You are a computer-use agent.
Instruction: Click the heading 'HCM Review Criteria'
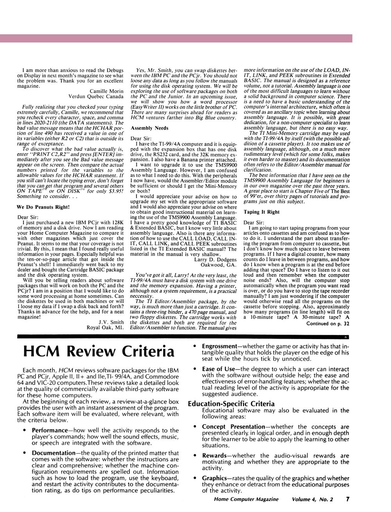pos(99,351)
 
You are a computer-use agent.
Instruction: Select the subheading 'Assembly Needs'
pos(149,128)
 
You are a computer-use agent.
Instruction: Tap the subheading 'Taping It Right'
pos(262,212)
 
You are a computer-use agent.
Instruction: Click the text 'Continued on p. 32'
pos(328,324)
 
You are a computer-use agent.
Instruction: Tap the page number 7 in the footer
pos(347,499)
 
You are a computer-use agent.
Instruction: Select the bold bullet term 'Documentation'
pos(53,453)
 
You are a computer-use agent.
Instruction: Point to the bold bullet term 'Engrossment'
pos(219,346)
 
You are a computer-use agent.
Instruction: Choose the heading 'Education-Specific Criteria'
pos(231,404)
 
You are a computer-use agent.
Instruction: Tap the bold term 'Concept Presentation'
pos(233,427)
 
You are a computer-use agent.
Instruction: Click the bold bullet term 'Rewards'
pos(214,455)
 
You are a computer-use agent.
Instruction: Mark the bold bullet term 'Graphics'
pos(214,478)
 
